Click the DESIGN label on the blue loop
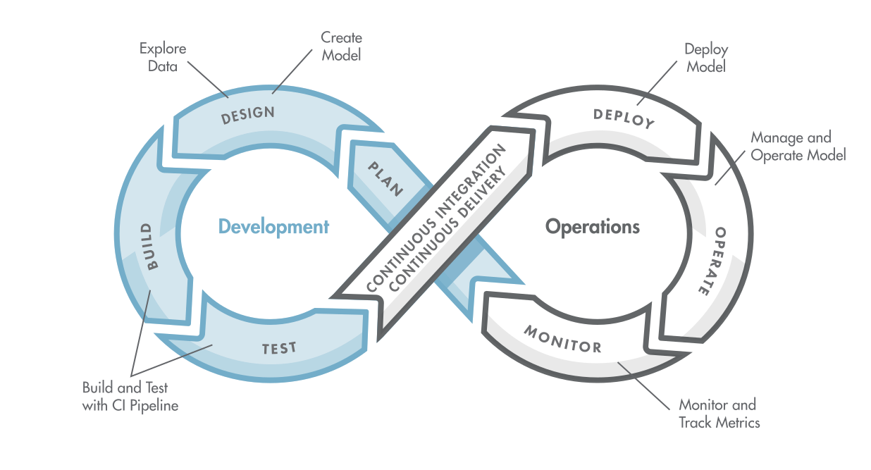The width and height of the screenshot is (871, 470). click(x=247, y=115)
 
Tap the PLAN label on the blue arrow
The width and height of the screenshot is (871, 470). click(x=385, y=178)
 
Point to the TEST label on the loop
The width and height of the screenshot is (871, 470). click(x=279, y=347)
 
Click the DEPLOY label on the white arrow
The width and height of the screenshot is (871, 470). click(x=624, y=118)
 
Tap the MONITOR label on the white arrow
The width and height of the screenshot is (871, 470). click(x=562, y=338)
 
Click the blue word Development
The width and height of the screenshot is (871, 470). click(x=273, y=227)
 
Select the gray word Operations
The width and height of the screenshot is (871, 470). click(x=593, y=227)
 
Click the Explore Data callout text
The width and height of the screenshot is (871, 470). click(x=163, y=58)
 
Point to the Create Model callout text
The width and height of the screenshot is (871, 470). click(x=341, y=46)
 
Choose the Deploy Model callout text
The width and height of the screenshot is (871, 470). click(x=706, y=58)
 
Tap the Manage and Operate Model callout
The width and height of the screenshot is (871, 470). click(x=797, y=147)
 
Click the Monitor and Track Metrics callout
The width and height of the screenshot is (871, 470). click(x=718, y=414)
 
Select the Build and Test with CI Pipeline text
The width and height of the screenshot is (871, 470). click(x=130, y=397)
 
